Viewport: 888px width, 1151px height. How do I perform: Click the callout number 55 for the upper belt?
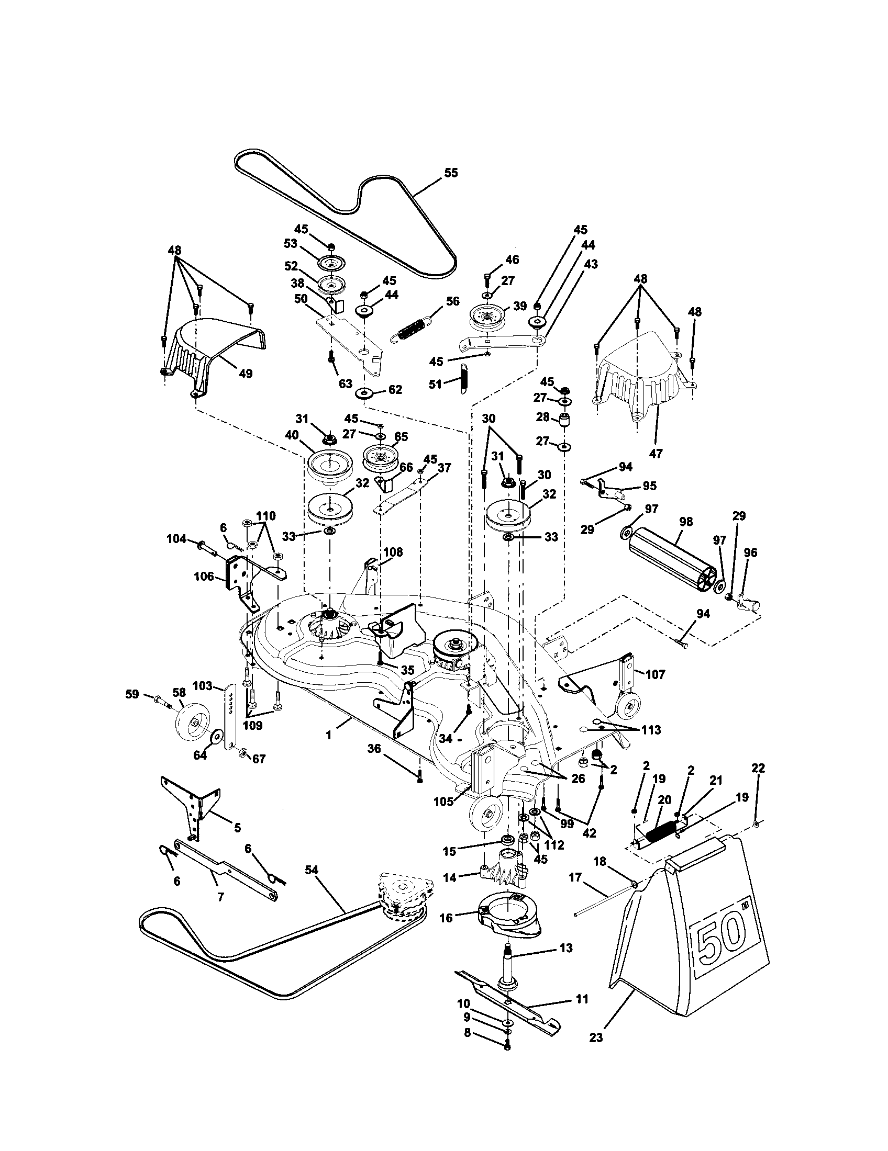pos(451,173)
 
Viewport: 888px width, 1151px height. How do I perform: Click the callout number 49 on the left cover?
pos(245,373)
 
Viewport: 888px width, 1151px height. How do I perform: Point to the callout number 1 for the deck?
pos(328,735)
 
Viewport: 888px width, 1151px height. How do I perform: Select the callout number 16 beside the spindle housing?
pos(446,918)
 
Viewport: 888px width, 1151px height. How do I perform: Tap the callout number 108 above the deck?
pos(393,552)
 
